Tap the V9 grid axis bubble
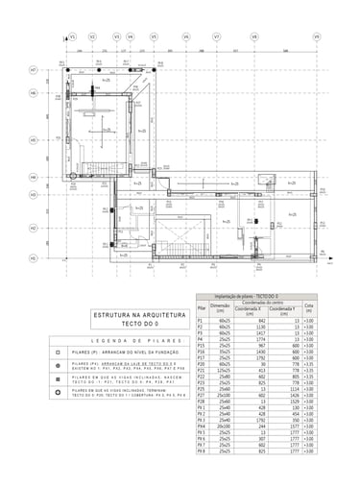(x=316, y=37)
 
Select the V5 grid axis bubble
(x=154, y=37)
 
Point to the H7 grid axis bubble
(x=33, y=70)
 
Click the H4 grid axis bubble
(x=33, y=178)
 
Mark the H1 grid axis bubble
(x=33, y=257)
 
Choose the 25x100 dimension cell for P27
(x=222, y=394)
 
